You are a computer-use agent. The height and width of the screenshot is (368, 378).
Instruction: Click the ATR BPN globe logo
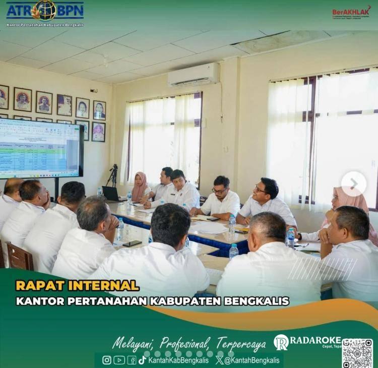tap(45, 10)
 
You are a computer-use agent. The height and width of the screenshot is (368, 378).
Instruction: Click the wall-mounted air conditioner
tap(194, 75)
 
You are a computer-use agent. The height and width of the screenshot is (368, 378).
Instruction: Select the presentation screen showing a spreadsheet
tap(40, 148)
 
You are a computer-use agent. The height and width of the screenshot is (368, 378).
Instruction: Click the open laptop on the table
tap(111, 194)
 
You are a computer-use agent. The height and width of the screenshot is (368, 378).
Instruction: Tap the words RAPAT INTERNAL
tap(77, 285)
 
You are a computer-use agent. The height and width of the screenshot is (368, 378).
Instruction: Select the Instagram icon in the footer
tap(107, 360)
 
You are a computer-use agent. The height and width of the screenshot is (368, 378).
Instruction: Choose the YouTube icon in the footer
tap(119, 360)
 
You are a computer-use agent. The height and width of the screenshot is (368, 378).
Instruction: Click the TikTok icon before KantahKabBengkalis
tap(143, 360)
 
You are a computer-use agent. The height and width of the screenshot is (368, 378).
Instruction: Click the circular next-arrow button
tap(353, 184)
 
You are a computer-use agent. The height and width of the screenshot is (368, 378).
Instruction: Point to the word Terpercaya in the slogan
tap(241, 344)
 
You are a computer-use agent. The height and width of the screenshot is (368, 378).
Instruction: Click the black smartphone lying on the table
tap(132, 243)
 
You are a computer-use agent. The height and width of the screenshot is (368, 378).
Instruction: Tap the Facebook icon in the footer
tap(132, 360)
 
